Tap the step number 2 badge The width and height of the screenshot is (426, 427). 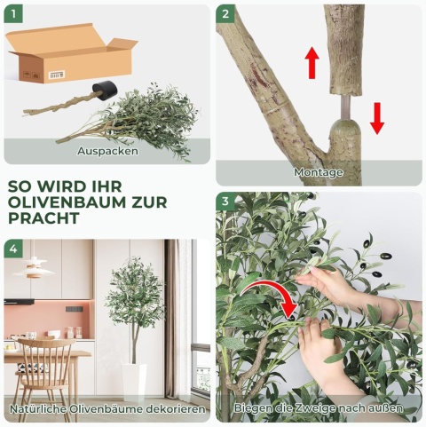tap(226, 14)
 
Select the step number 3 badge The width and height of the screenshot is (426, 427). tap(226, 202)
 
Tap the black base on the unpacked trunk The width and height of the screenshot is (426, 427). tap(107, 87)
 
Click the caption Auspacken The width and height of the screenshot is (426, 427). tap(107, 151)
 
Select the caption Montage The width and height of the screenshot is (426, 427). tap(318, 172)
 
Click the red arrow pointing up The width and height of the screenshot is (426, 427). tap(312, 63)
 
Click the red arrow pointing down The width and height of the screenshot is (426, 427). tap(377, 116)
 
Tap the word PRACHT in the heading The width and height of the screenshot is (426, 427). tap(43, 217)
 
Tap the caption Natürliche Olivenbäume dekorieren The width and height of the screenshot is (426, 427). tap(107, 410)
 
